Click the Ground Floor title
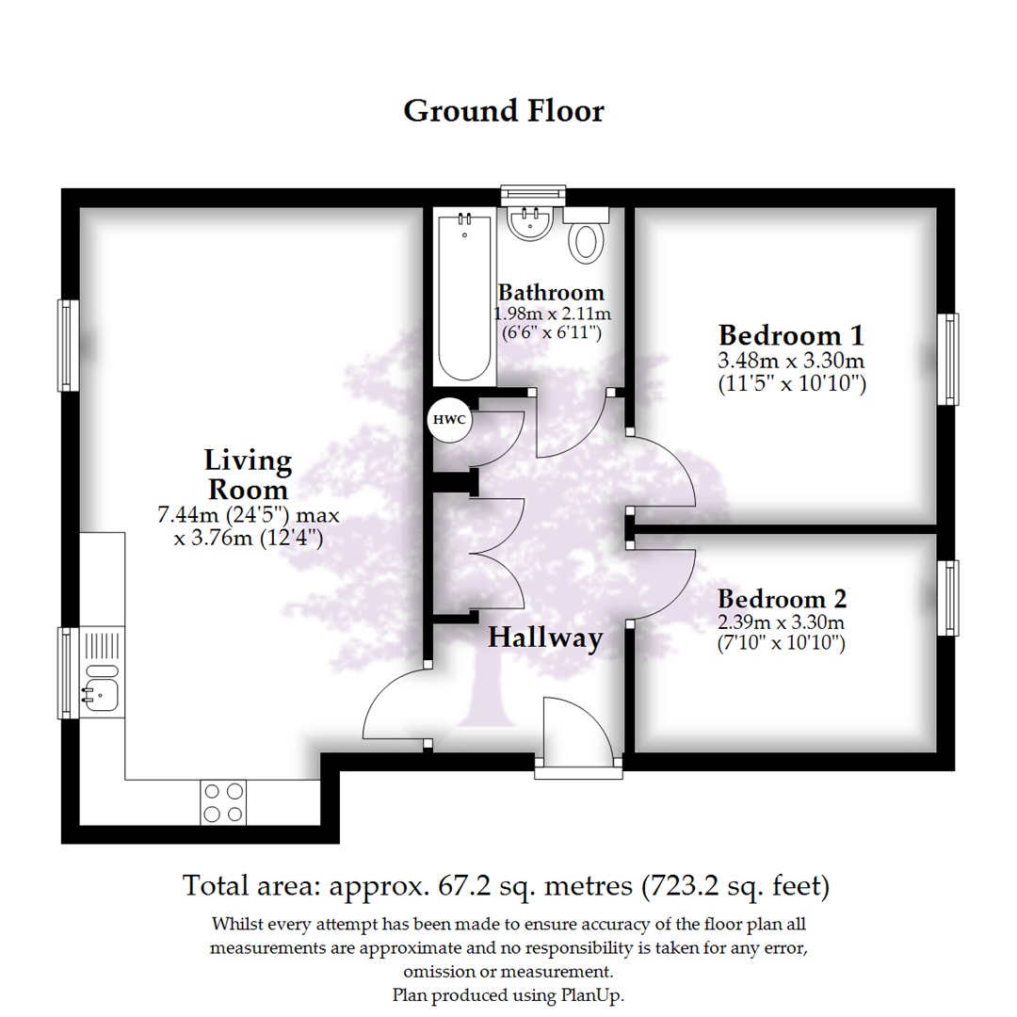pyautogui.click(x=504, y=111)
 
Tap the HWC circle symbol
pyautogui.click(x=450, y=420)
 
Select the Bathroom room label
pyautogui.click(x=551, y=292)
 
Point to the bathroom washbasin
pyautogui.click(x=530, y=222)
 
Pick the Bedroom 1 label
pyautogui.click(x=791, y=335)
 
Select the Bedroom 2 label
pyautogui.click(x=782, y=599)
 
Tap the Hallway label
pyautogui.click(x=544, y=638)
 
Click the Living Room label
pyautogui.click(x=248, y=476)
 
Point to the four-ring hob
pyautogui.click(x=223, y=802)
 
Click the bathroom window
pyautogui.click(x=533, y=193)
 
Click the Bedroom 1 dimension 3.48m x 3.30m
pyautogui.click(x=791, y=361)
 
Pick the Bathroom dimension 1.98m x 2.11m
pyautogui.click(x=551, y=314)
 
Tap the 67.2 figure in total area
pyautogui.click(x=447, y=886)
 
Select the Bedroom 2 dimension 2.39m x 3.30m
pyautogui.click(x=782, y=622)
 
